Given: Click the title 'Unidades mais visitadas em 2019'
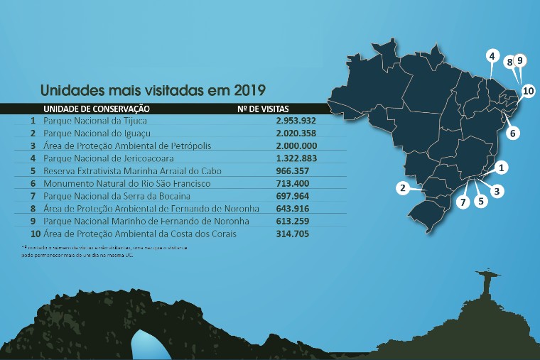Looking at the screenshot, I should click(153, 91).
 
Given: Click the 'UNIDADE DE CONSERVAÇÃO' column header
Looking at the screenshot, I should click(96, 109).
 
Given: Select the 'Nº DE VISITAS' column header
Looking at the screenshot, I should click(264, 109).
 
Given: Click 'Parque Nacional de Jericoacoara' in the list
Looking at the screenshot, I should click(108, 158).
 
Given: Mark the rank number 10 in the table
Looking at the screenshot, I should click(35, 234).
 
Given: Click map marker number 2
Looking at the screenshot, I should click(403, 188).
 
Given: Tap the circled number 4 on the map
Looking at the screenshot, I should click(492, 55).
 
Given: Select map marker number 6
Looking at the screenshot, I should click(514, 133).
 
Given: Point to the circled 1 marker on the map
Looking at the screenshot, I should click(502, 168).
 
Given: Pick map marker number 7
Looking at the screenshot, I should click(463, 202).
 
